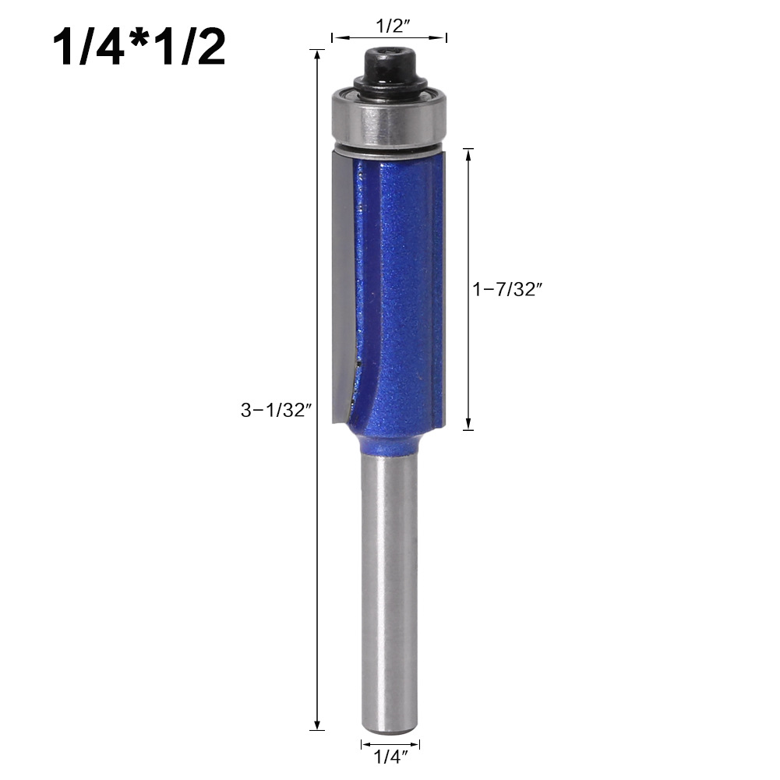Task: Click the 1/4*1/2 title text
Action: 139,48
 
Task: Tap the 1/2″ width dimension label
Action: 389,25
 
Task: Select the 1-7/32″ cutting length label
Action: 506,289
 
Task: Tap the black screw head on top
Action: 389,61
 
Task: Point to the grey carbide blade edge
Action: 342,281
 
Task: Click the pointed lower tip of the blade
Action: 336,421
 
